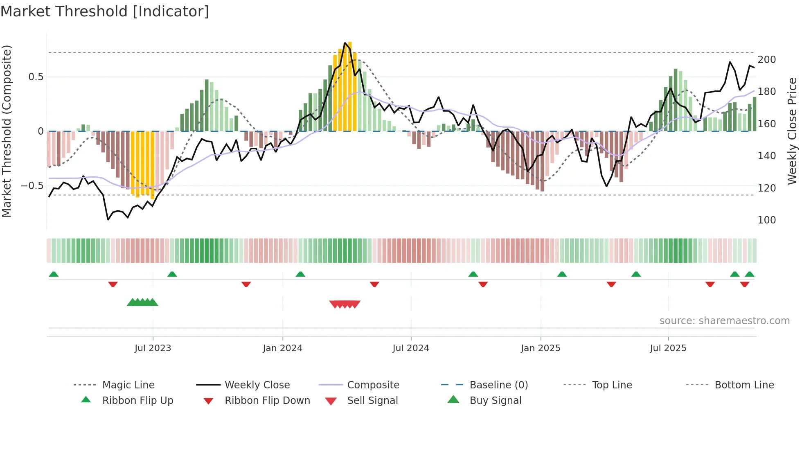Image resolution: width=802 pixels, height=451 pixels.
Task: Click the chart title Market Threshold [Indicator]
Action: click(x=105, y=11)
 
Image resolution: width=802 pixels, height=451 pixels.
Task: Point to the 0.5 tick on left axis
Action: click(x=36, y=77)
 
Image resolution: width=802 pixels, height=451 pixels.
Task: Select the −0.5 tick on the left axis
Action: click(x=32, y=186)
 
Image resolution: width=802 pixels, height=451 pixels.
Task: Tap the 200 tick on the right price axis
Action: click(x=767, y=60)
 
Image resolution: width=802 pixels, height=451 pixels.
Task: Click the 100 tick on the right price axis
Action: click(x=767, y=220)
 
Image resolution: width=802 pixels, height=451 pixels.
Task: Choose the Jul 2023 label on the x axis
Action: click(x=153, y=348)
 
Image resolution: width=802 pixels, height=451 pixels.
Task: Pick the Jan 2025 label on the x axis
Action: click(x=540, y=348)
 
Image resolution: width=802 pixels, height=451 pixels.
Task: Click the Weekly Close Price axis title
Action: click(x=792, y=131)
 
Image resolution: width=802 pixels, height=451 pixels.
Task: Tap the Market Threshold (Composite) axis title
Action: click(x=7, y=131)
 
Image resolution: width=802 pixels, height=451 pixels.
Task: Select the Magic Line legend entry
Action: click(x=128, y=385)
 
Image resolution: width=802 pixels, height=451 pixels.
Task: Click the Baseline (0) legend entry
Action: click(x=498, y=385)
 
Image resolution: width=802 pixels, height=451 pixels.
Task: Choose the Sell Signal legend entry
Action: click(x=372, y=401)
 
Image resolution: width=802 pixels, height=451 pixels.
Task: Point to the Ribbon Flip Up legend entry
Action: click(x=137, y=401)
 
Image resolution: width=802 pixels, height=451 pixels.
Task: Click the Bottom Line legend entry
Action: click(x=744, y=385)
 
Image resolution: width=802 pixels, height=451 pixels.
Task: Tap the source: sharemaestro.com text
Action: click(x=724, y=321)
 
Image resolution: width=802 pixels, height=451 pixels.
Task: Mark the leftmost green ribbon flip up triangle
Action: click(x=54, y=274)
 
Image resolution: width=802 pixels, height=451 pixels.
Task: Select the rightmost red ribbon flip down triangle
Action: click(x=744, y=284)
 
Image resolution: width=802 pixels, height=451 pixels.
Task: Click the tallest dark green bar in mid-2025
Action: click(x=676, y=100)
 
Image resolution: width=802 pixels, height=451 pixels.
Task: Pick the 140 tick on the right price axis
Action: click(x=767, y=156)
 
